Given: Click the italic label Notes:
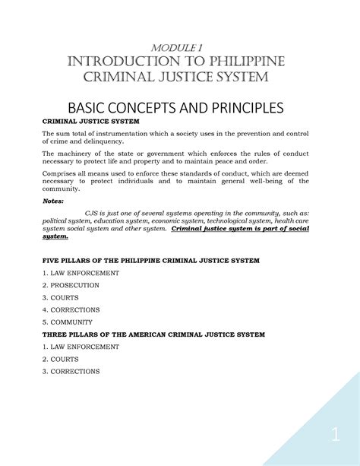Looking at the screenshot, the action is [53, 201].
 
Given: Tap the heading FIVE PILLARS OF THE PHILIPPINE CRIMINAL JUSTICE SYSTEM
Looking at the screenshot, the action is [150, 260].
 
